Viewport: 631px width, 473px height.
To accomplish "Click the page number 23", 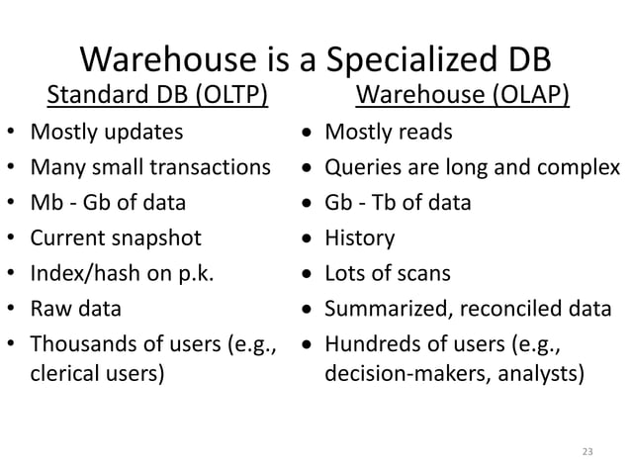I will click(x=586, y=452).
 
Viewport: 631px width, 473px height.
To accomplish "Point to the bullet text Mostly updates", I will click(x=106, y=132).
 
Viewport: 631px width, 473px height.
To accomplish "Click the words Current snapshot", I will click(x=116, y=238).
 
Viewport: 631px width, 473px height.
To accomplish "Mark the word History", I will click(x=360, y=238).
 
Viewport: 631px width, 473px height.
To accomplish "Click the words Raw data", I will click(x=76, y=309).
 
